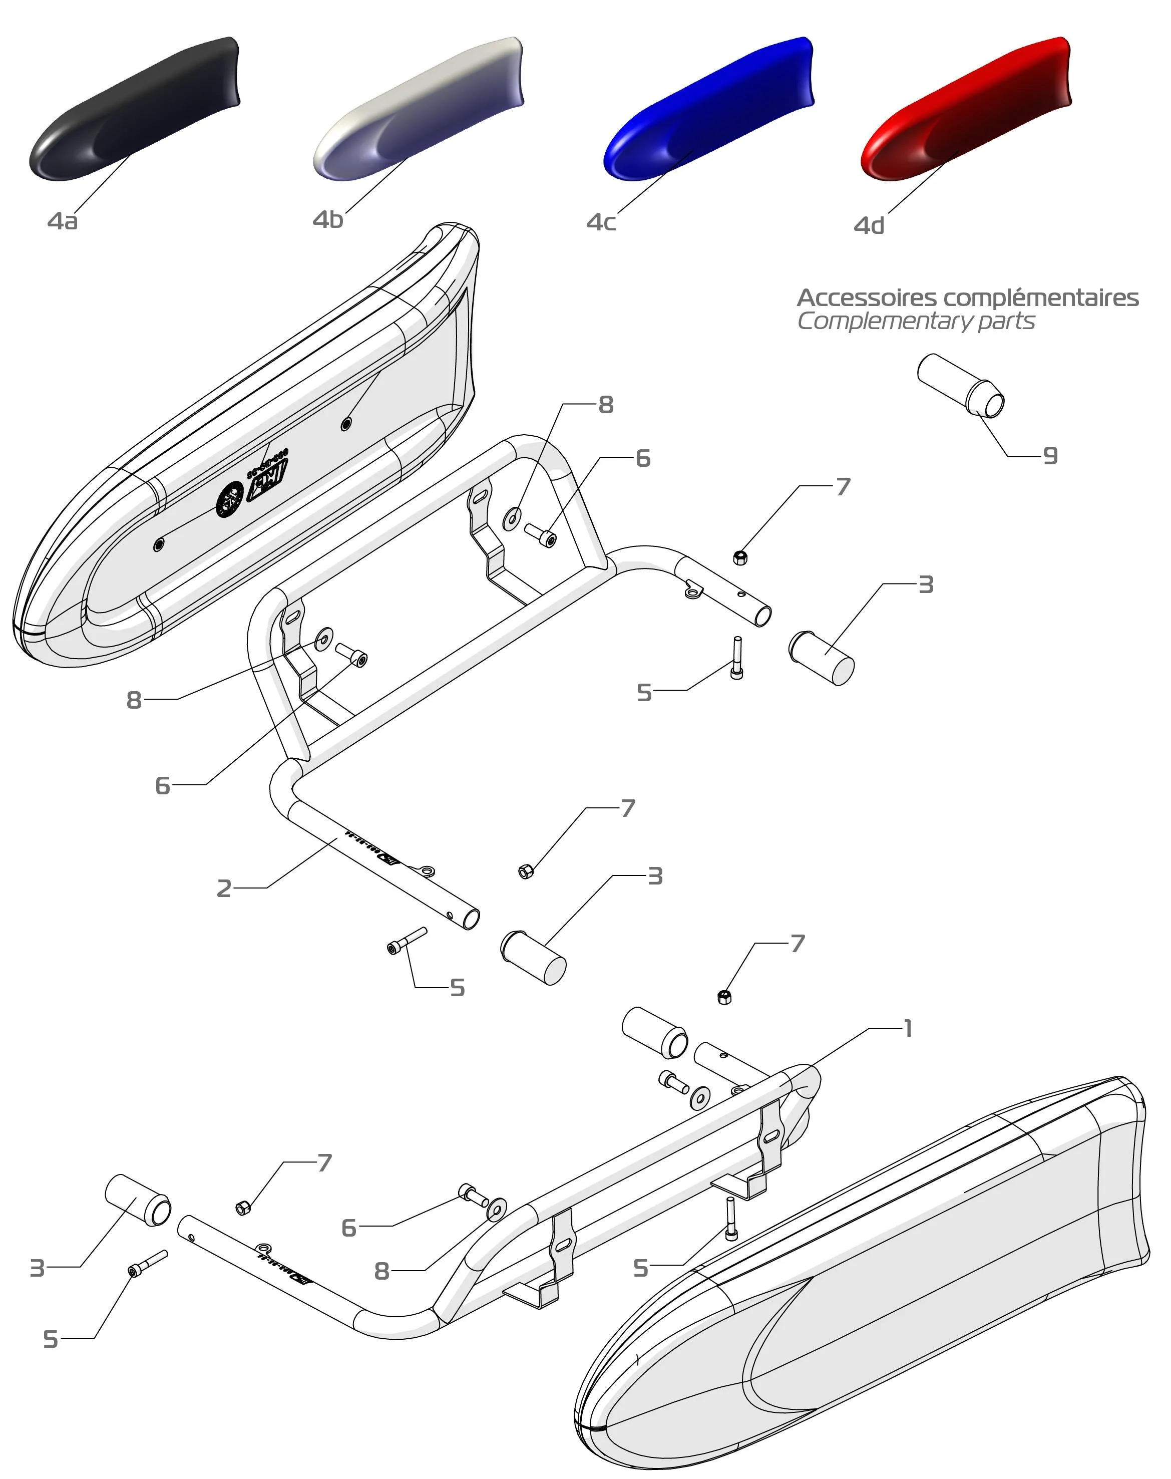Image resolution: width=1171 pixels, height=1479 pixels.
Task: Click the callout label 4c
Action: pyautogui.click(x=601, y=222)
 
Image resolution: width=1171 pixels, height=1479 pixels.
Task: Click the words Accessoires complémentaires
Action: pyautogui.click(x=967, y=298)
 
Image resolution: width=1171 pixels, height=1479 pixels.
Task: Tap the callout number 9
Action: pyautogui.click(x=1050, y=456)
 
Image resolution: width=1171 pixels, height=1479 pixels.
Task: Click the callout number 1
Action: pyautogui.click(x=908, y=1028)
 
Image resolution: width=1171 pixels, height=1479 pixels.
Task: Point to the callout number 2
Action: pyautogui.click(x=224, y=889)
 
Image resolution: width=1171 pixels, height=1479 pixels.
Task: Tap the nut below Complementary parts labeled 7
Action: pyautogui.click(x=740, y=557)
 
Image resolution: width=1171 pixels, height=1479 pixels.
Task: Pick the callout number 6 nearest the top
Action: pyautogui.click(x=642, y=458)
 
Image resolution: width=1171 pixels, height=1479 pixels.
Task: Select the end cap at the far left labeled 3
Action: pyautogui.click(x=138, y=1200)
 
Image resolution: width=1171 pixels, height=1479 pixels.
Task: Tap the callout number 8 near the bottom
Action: pyautogui.click(x=382, y=1271)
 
